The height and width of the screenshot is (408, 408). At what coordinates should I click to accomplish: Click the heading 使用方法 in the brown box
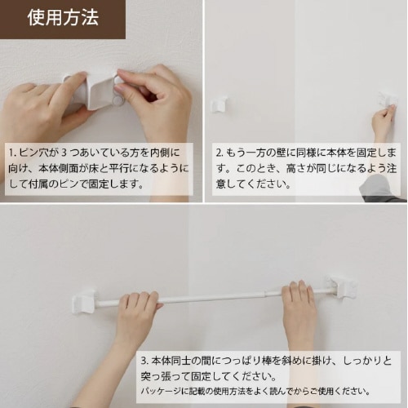click(62, 19)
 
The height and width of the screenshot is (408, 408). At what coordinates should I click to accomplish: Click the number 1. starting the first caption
click(13, 153)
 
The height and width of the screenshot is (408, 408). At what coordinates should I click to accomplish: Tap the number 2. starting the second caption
click(220, 153)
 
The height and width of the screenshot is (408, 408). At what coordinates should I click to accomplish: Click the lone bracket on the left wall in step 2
click(219, 104)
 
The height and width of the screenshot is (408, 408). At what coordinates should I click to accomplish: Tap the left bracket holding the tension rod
click(85, 300)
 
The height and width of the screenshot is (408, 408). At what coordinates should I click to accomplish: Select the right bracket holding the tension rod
click(344, 286)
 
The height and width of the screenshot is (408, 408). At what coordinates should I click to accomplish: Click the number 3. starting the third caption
click(144, 360)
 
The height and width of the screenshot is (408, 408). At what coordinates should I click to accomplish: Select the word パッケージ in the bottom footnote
click(164, 390)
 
